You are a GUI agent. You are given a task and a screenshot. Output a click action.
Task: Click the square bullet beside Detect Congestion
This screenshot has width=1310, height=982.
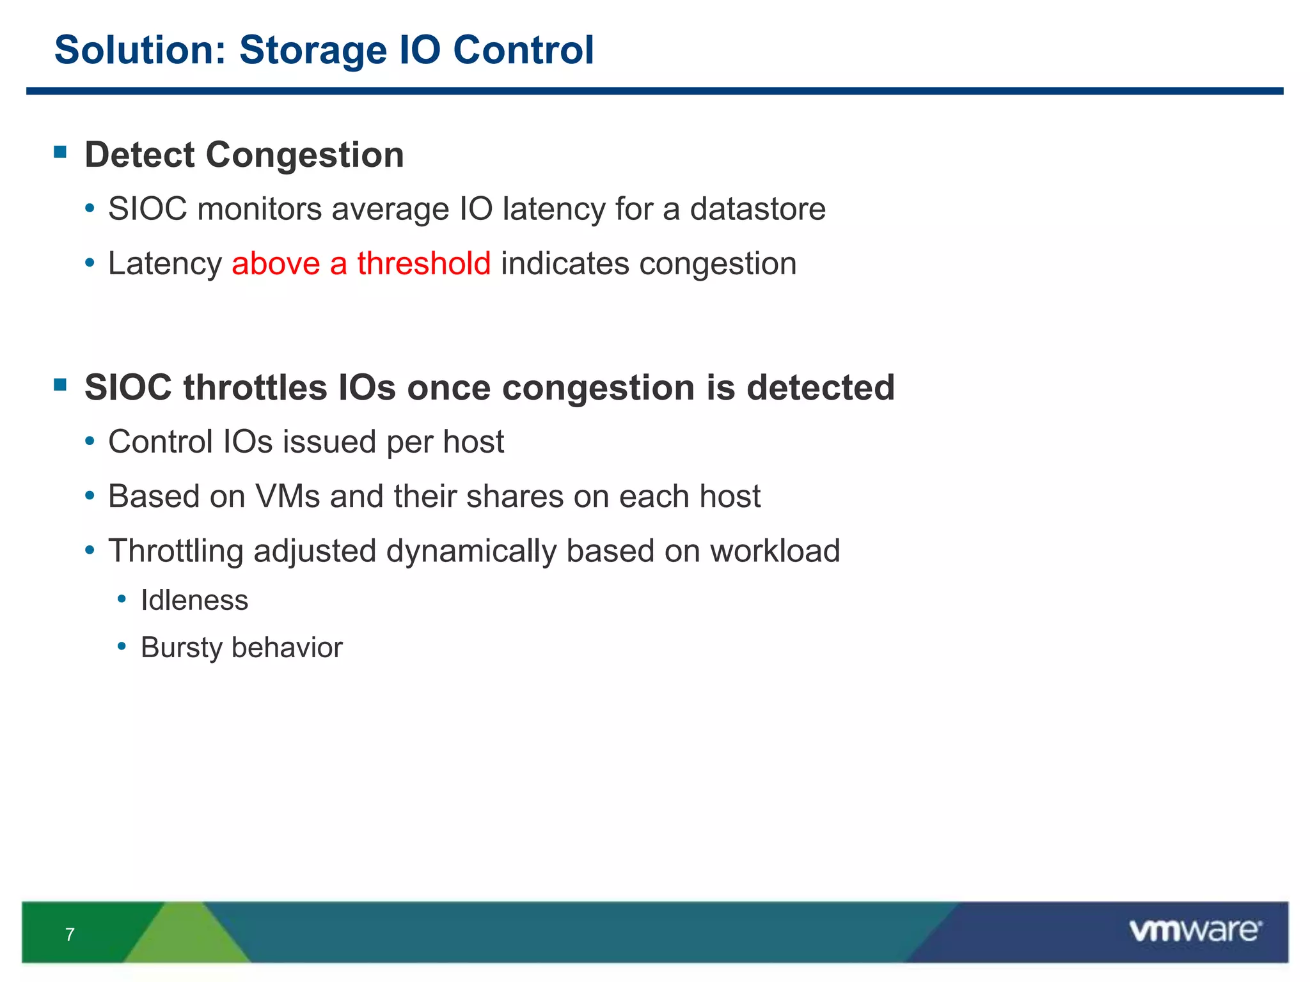(x=61, y=152)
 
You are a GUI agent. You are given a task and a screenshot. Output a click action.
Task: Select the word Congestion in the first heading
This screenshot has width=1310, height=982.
(x=304, y=155)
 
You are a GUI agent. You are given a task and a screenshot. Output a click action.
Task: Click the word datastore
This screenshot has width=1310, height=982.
(x=757, y=209)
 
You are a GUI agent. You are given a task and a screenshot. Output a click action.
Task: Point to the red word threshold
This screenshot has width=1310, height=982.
(x=423, y=263)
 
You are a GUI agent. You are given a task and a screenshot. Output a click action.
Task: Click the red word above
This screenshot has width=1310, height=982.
(x=276, y=263)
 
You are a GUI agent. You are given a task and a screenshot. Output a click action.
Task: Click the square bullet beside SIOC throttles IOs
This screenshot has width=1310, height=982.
(x=61, y=384)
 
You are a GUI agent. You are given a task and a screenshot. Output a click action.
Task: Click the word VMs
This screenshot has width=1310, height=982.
(x=287, y=496)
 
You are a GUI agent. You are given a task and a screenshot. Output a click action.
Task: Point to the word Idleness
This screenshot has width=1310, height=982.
(x=194, y=600)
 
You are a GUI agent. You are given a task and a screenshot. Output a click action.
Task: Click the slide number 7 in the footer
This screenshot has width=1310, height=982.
(x=70, y=935)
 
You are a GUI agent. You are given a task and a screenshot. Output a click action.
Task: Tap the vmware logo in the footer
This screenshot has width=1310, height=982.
(x=1195, y=931)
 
